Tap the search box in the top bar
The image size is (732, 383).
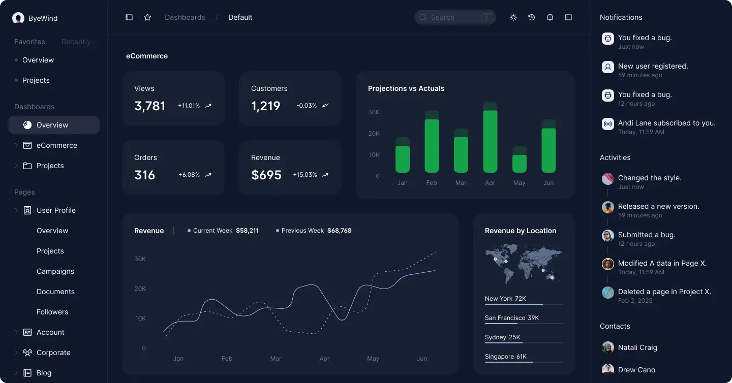point(455,17)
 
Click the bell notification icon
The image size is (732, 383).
point(550,17)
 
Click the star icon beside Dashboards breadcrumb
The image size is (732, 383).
point(147,17)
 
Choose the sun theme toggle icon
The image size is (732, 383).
point(513,17)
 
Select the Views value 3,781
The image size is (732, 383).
point(150,106)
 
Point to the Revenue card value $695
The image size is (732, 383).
point(266,175)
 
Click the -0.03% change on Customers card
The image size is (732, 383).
point(307,106)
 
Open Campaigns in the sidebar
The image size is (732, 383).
point(55,271)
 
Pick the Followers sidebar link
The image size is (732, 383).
point(52,312)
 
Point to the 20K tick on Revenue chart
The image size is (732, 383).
point(140,289)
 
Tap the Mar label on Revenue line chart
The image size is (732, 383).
point(276,359)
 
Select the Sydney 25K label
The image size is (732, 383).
point(502,337)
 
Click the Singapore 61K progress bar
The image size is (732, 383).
point(524,362)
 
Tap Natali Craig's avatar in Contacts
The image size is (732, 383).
point(608,347)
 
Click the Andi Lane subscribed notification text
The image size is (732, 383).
point(666,123)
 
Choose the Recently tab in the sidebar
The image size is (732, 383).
point(76,42)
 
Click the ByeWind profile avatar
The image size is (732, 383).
point(18,18)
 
